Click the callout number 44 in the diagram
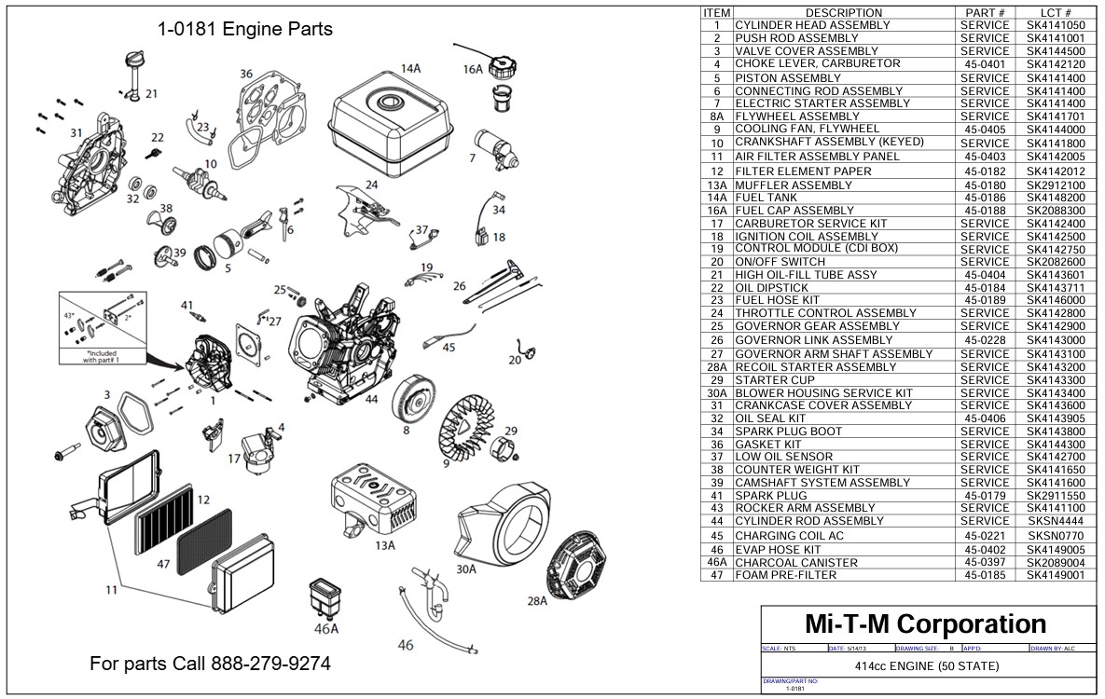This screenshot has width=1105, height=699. tap(371, 399)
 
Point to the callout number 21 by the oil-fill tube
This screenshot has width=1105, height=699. tap(151, 94)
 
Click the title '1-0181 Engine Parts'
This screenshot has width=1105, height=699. tap(244, 29)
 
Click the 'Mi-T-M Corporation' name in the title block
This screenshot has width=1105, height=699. tap(924, 624)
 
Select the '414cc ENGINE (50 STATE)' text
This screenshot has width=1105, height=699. tap(926, 665)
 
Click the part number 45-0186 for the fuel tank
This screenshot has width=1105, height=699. tap(984, 198)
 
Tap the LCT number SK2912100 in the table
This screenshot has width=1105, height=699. tap(1056, 185)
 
